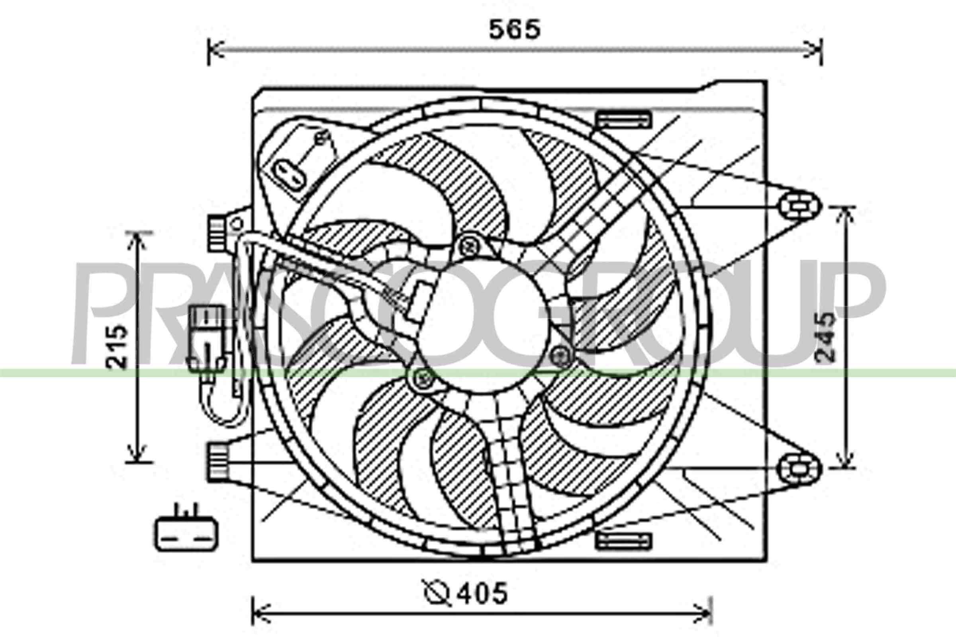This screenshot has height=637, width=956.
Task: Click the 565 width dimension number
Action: (515, 29)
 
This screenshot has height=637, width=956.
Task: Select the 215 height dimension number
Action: (117, 346)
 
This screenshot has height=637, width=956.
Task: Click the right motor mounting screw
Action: (562, 356)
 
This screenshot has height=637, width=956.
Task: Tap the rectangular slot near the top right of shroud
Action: (624, 119)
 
